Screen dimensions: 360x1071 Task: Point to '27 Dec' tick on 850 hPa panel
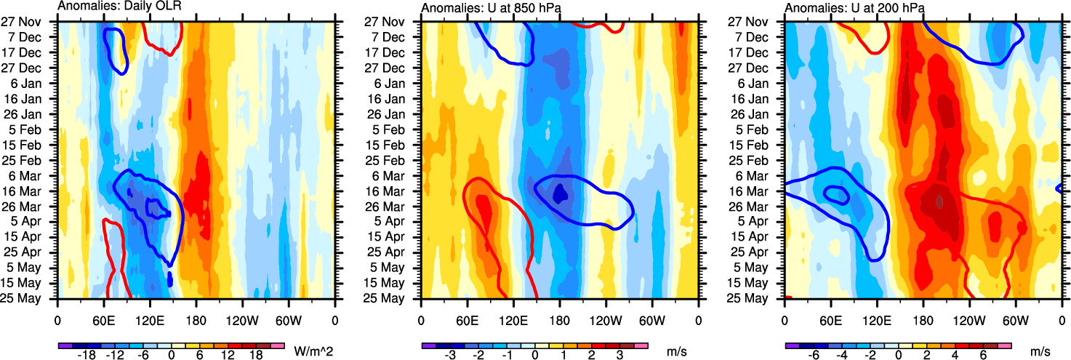click(399, 68)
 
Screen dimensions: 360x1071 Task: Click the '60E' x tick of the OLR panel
click(104, 319)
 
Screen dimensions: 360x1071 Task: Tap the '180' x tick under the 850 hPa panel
click(560, 319)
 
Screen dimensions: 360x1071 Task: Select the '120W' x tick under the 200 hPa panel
click(969, 319)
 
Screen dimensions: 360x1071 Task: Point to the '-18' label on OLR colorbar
click(87, 356)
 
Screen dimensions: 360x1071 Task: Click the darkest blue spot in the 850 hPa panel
click(560, 193)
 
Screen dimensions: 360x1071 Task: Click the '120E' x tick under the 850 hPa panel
click(513, 319)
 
